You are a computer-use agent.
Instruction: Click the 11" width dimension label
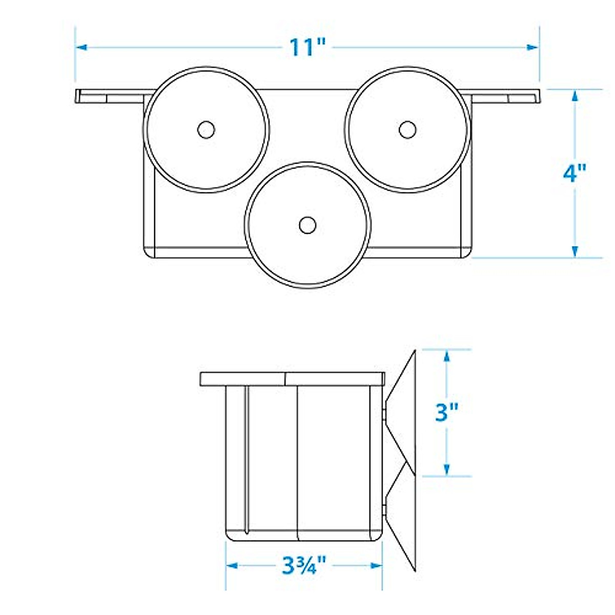click(307, 47)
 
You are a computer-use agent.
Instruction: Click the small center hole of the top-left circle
click(206, 129)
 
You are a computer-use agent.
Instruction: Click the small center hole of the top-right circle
click(407, 129)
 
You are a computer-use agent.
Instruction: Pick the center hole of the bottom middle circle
click(307, 225)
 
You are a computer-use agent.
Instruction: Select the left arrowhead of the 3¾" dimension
click(232, 566)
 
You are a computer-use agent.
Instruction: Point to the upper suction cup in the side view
click(402, 410)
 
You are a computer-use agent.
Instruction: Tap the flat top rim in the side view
click(292, 379)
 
